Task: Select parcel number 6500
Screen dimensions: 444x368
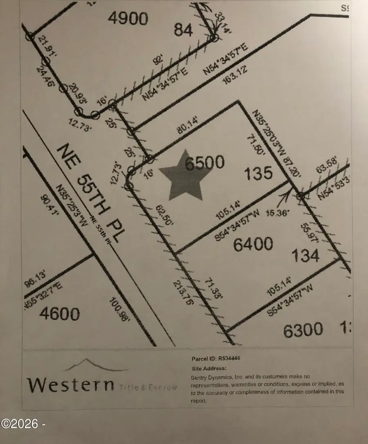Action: point(204,163)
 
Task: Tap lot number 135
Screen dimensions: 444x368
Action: point(258,173)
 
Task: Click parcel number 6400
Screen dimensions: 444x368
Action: point(253,244)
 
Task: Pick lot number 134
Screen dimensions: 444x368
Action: point(305,256)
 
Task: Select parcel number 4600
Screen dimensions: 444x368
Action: point(60,314)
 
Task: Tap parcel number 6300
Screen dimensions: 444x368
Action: point(303,330)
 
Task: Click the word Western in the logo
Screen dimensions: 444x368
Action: point(70,384)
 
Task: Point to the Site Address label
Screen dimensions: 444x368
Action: point(209,368)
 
